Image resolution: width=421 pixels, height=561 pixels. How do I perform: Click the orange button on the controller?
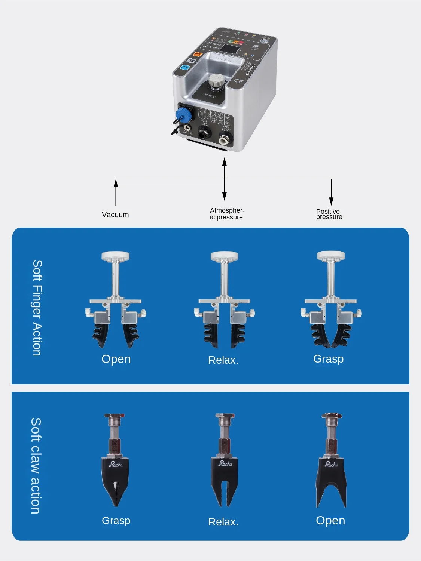[x=197, y=55]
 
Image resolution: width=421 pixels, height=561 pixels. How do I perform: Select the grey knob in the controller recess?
[x=216, y=80]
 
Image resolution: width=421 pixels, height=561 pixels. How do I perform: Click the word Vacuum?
[x=115, y=215]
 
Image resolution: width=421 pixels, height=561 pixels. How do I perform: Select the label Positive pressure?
[x=329, y=214]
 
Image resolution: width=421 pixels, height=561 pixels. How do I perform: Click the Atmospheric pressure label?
[x=227, y=214]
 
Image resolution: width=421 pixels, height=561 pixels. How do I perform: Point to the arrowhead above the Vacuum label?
[x=116, y=183]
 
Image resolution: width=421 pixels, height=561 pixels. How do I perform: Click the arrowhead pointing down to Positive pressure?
[x=331, y=201]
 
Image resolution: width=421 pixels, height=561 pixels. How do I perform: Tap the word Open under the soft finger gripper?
[x=116, y=359]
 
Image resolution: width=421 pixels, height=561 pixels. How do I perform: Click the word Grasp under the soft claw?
[x=116, y=520]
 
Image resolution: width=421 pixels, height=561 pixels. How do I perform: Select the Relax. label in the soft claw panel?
[x=223, y=522]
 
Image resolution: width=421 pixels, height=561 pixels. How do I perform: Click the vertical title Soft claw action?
[x=36, y=466]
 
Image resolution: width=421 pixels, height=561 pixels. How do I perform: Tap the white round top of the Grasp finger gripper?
[x=331, y=256]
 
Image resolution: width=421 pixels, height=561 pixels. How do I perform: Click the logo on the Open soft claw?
[x=331, y=464]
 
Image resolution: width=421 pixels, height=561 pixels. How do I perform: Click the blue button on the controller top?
[x=185, y=68]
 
